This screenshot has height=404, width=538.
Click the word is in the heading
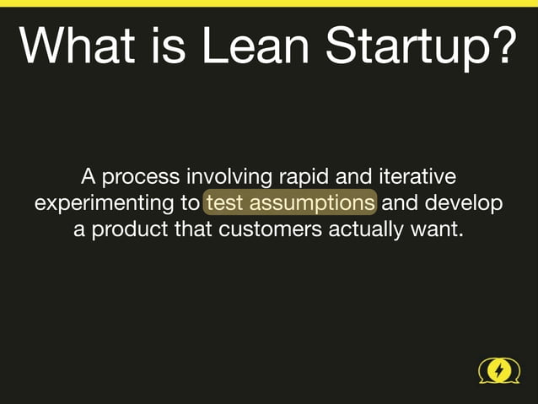pos(157,46)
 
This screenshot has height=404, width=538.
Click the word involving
pos(229,178)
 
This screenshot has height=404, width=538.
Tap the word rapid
pos(304,179)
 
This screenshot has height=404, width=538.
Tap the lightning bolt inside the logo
pos(499,370)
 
